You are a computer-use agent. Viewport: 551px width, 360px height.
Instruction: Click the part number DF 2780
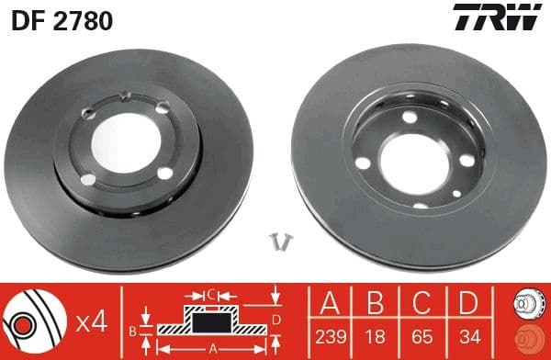(62, 19)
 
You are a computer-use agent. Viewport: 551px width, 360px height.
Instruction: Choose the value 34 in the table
(470, 335)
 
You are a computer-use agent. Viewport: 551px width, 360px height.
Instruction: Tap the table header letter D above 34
(470, 304)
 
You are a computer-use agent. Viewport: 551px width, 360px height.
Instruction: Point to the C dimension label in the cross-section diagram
(209, 296)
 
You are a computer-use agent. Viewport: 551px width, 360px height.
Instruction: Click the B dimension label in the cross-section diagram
(134, 328)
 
